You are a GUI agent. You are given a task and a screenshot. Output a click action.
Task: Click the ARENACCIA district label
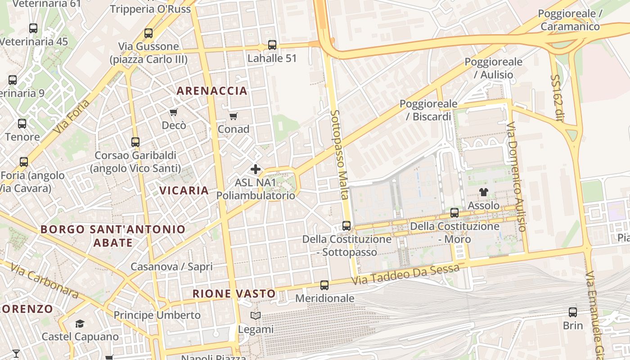(x=212, y=91)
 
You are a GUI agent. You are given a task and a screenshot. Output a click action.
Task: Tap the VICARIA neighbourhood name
(x=184, y=190)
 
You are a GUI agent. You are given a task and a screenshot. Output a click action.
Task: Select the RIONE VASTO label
(x=234, y=294)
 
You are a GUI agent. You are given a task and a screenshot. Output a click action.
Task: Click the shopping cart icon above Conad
(x=233, y=117)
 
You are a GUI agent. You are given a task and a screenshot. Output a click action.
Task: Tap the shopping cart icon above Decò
(x=174, y=112)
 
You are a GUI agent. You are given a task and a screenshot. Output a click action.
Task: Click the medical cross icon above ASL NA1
(x=256, y=169)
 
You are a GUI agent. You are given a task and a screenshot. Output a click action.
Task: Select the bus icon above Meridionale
(x=324, y=285)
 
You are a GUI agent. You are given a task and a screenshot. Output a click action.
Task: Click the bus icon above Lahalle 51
(x=272, y=45)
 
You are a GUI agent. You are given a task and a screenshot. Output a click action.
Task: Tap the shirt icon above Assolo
(x=484, y=192)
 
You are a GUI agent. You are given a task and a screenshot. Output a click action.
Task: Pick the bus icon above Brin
(x=573, y=312)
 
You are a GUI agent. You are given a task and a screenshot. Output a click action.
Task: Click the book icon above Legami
(x=256, y=316)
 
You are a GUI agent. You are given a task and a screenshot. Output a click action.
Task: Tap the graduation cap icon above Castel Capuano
(x=80, y=323)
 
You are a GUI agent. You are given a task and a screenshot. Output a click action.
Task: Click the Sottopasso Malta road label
(x=340, y=154)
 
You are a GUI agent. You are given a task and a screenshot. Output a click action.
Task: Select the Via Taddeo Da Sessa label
(x=405, y=274)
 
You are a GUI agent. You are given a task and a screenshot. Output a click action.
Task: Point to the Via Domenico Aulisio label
(x=516, y=176)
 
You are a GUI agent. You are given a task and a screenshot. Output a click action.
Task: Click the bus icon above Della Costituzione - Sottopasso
(x=346, y=225)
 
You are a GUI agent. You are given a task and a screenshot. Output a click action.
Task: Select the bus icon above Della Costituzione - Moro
(x=454, y=212)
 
